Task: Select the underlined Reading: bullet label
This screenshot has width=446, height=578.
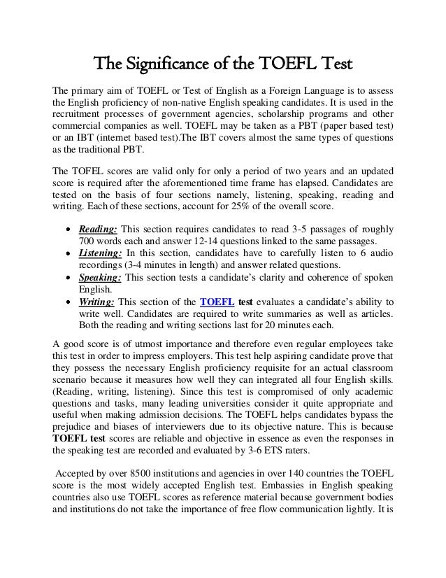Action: (98, 230)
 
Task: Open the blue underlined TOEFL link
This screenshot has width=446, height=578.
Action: (217, 301)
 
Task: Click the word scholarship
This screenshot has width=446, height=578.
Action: (271, 116)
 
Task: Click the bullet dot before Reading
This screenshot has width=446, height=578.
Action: (66, 230)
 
